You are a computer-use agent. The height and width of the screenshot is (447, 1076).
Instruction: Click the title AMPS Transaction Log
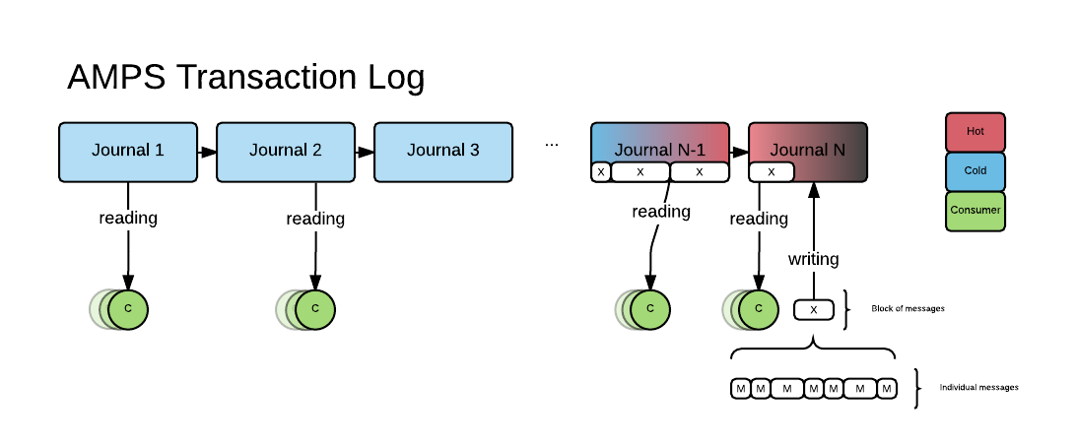click(x=245, y=77)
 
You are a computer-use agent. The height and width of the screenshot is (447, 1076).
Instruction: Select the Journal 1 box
click(x=128, y=152)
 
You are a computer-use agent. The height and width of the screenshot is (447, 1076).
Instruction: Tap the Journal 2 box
click(x=286, y=152)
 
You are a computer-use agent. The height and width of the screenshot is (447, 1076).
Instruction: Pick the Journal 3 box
click(x=443, y=152)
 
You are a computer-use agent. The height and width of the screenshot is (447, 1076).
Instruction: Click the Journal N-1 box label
click(x=660, y=150)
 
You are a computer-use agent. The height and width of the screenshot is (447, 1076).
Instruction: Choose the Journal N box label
click(x=808, y=150)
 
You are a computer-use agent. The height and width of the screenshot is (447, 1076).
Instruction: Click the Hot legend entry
click(x=975, y=132)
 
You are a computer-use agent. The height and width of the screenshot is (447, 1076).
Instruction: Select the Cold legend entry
click(x=975, y=171)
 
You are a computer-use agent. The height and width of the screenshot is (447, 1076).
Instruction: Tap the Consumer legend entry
click(x=975, y=211)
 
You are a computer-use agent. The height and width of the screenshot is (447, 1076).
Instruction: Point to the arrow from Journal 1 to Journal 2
click(x=207, y=153)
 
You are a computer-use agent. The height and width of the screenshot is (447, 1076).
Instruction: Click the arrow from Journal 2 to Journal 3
click(x=365, y=153)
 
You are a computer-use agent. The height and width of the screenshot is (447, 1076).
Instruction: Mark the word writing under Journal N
click(x=813, y=259)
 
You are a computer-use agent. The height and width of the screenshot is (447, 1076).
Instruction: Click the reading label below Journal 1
click(x=128, y=218)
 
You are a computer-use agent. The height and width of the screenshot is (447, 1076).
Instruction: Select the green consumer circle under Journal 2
click(x=315, y=308)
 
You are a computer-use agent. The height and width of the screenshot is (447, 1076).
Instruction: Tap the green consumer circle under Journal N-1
click(x=650, y=308)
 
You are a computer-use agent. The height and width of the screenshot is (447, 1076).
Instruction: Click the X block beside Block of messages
click(x=813, y=309)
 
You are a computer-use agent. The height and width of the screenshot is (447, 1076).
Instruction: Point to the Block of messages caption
click(x=908, y=308)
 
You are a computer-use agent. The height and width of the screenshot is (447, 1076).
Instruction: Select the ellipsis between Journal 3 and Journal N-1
click(x=552, y=144)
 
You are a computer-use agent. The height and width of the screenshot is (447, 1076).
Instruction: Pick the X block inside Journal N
click(x=772, y=172)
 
